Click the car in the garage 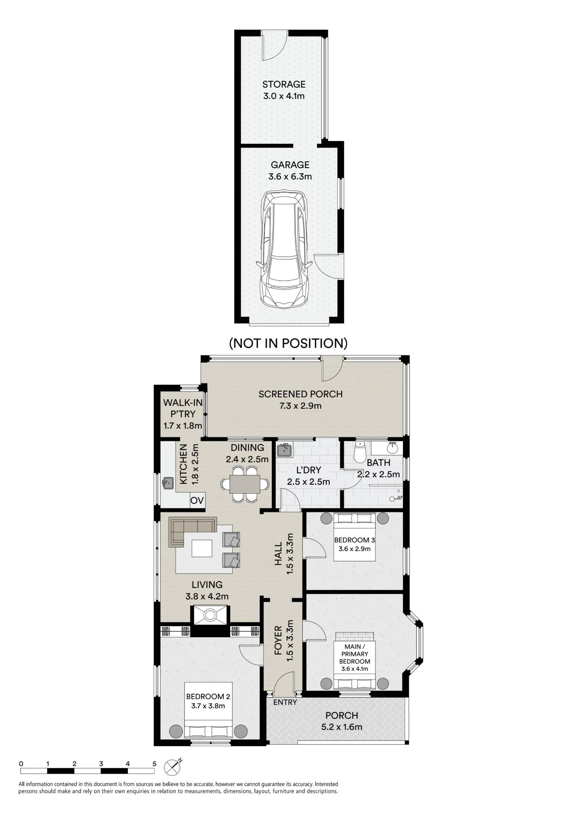click(x=284, y=249)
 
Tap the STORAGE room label click(x=284, y=84)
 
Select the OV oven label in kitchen click(x=197, y=500)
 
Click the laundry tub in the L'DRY click(x=284, y=450)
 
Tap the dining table click(x=245, y=484)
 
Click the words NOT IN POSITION click(x=288, y=343)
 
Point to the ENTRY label click(x=285, y=702)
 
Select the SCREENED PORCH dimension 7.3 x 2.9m click(x=300, y=406)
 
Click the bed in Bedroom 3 click(x=354, y=537)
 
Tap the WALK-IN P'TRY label click(x=183, y=408)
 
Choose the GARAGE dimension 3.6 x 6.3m click(x=290, y=177)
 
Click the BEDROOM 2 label click(x=208, y=696)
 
